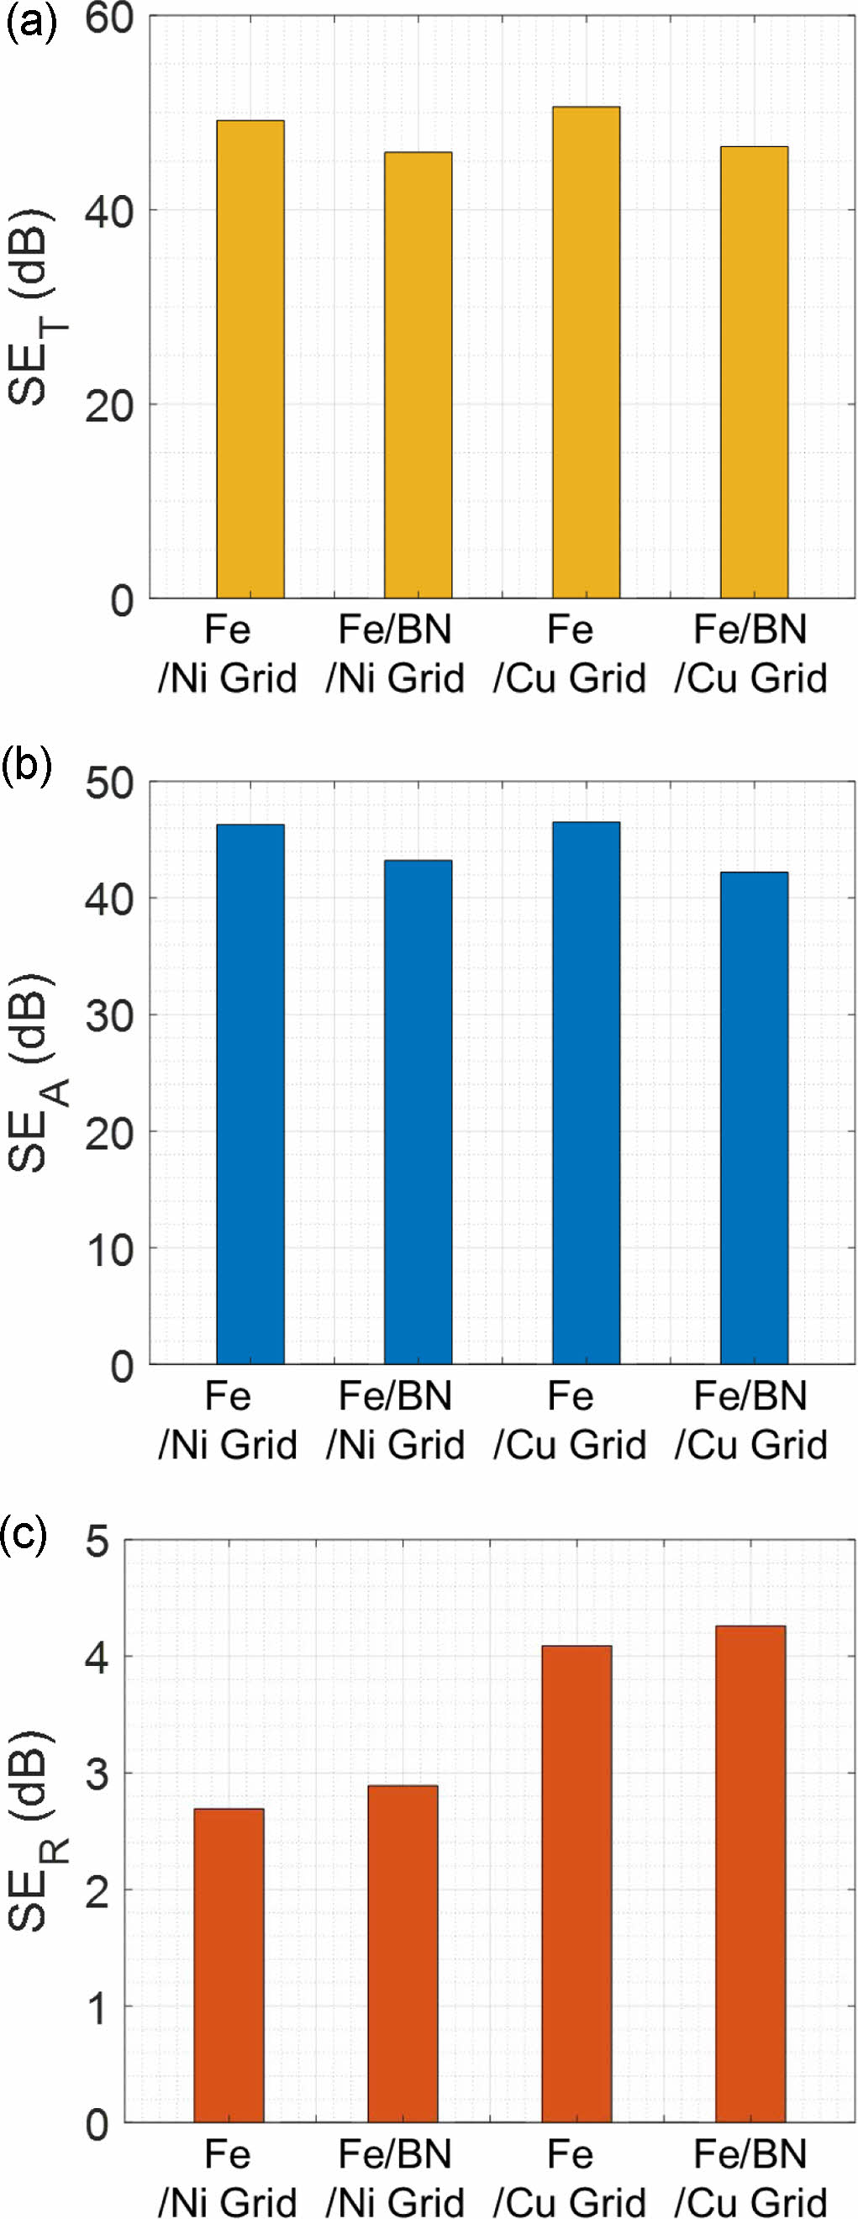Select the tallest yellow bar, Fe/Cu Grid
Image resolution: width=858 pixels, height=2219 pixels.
click(586, 352)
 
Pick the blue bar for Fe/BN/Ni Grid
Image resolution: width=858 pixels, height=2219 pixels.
click(418, 1112)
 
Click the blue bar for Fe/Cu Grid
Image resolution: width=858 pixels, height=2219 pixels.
click(586, 1094)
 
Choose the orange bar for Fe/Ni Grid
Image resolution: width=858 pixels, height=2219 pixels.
click(229, 1965)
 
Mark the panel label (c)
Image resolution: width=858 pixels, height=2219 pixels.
click(26, 1532)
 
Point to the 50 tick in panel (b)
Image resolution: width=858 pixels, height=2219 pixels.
click(109, 784)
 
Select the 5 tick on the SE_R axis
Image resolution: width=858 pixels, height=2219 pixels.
click(98, 1542)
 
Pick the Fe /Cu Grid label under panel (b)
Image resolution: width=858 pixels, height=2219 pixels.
click(570, 1420)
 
